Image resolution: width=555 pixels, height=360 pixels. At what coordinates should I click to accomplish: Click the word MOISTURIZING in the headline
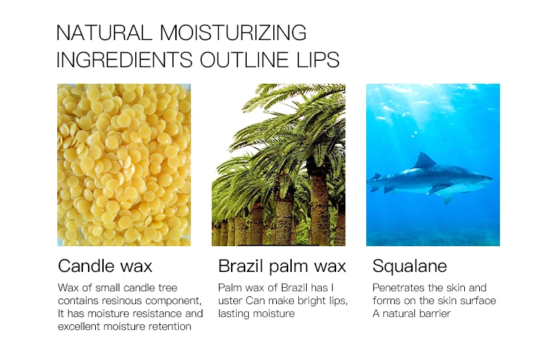[x=233, y=33]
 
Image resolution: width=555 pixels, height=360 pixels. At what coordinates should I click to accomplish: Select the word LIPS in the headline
[x=318, y=59]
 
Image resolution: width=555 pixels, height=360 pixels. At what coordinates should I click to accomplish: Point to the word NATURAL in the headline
[x=104, y=33]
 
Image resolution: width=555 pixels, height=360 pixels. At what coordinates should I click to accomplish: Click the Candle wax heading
[x=105, y=266]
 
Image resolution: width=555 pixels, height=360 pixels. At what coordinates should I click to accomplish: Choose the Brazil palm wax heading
[x=282, y=266]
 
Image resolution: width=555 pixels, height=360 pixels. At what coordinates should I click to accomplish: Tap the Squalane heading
[x=410, y=266]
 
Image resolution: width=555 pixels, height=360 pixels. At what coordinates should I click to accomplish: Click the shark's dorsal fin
[x=424, y=161]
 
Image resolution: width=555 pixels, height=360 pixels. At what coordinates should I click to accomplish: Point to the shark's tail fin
[x=374, y=181]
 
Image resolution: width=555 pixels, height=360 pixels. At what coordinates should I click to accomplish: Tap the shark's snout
[x=489, y=178]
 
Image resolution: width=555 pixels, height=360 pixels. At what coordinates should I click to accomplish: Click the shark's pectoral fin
[x=439, y=189]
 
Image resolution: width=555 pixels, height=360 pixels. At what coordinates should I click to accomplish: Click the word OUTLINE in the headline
[x=244, y=59]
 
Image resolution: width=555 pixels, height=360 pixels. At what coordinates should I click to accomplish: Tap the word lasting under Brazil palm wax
[x=231, y=313]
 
